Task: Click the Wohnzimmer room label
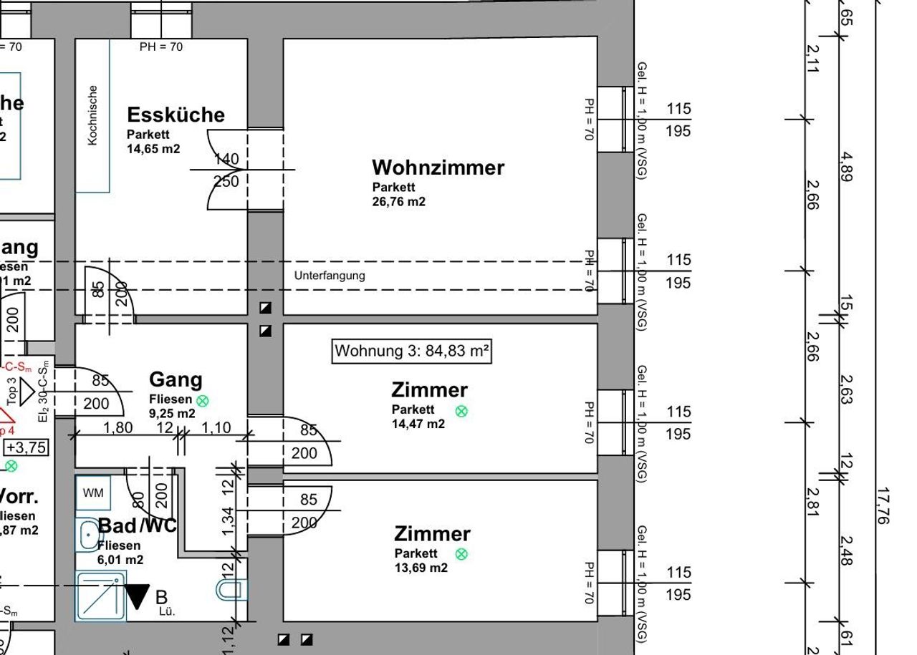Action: tap(438, 168)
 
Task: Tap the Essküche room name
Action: tap(176, 115)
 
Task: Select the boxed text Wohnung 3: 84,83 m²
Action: tap(412, 351)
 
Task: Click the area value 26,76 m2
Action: tap(398, 202)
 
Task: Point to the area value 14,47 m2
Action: tap(418, 424)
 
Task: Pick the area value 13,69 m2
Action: tap(421, 568)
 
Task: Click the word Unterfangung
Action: tap(330, 276)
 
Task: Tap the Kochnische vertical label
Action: tap(92, 115)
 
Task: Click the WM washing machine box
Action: tap(93, 493)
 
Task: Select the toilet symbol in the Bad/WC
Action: tap(230, 590)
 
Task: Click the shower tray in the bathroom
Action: tap(101, 596)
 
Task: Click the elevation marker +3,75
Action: tap(27, 448)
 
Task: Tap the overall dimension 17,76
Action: tap(883, 505)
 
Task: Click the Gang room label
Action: tap(176, 379)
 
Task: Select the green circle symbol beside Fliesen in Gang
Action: tap(203, 400)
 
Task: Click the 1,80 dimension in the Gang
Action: tap(118, 428)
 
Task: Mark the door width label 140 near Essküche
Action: tap(226, 159)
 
